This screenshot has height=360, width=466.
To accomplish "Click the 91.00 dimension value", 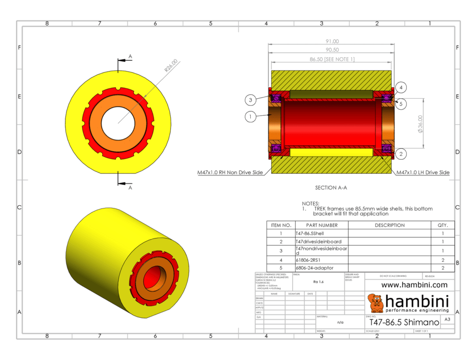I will [x=331, y=41].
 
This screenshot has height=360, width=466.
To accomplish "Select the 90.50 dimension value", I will [x=331, y=50].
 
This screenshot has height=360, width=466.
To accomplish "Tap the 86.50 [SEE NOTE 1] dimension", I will [x=332, y=59].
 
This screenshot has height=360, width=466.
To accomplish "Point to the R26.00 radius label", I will [x=172, y=66].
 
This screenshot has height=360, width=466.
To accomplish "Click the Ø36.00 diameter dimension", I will [x=420, y=123].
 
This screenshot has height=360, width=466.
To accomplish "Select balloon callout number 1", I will [x=250, y=117].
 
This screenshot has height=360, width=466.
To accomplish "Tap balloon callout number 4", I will [x=400, y=87].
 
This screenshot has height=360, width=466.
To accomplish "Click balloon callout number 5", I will [x=400, y=104].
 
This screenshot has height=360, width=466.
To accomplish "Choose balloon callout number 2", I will [x=400, y=154].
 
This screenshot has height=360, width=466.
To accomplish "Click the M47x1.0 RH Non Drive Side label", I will [x=230, y=172].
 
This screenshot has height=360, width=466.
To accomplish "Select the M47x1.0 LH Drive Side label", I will [x=423, y=172].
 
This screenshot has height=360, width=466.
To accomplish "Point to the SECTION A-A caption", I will [x=331, y=188].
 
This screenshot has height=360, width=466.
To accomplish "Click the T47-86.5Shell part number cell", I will [x=310, y=233].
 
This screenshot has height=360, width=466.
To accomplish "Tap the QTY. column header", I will [x=442, y=225].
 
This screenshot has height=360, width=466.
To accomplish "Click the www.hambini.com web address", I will [x=414, y=285].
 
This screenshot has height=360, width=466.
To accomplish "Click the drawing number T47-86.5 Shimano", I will [x=404, y=322].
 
